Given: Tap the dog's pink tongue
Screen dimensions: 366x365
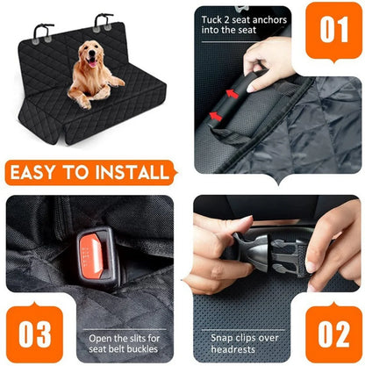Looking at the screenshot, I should tap(89, 67).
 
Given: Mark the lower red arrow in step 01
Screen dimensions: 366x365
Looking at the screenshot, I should tap(218, 115).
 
